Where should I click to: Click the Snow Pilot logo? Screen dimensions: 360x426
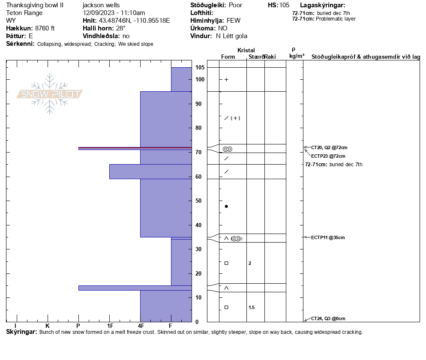pyautogui.click(x=50, y=94)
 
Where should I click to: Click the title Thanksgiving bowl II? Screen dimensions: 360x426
pyautogui.click(x=35, y=5)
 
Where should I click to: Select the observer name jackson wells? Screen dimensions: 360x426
pyautogui.click(x=101, y=5)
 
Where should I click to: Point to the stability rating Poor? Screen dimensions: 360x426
pyautogui.click(x=235, y=5)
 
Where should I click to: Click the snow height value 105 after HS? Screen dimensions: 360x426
pyautogui.click(x=284, y=5)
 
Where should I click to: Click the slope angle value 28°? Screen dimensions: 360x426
pyautogui.click(x=121, y=28)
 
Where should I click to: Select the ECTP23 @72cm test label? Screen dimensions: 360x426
pyautogui.click(x=328, y=156)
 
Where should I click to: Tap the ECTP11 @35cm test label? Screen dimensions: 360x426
pyautogui.click(x=328, y=237)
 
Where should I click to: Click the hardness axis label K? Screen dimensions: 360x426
pyautogui.click(x=48, y=326)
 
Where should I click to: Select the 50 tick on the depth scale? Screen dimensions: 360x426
pyautogui.click(x=199, y=201)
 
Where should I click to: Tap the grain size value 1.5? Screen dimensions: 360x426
pyautogui.click(x=252, y=307)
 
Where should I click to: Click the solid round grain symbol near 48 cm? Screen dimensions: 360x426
pyautogui.click(x=226, y=207)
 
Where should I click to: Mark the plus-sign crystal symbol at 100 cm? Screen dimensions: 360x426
pyautogui.click(x=226, y=80)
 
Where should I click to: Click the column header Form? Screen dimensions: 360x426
pyautogui.click(x=228, y=57)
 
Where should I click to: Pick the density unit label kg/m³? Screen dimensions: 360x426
pyautogui.click(x=297, y=56)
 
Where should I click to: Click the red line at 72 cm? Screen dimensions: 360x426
pyautogui.click(x=135, y=147)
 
